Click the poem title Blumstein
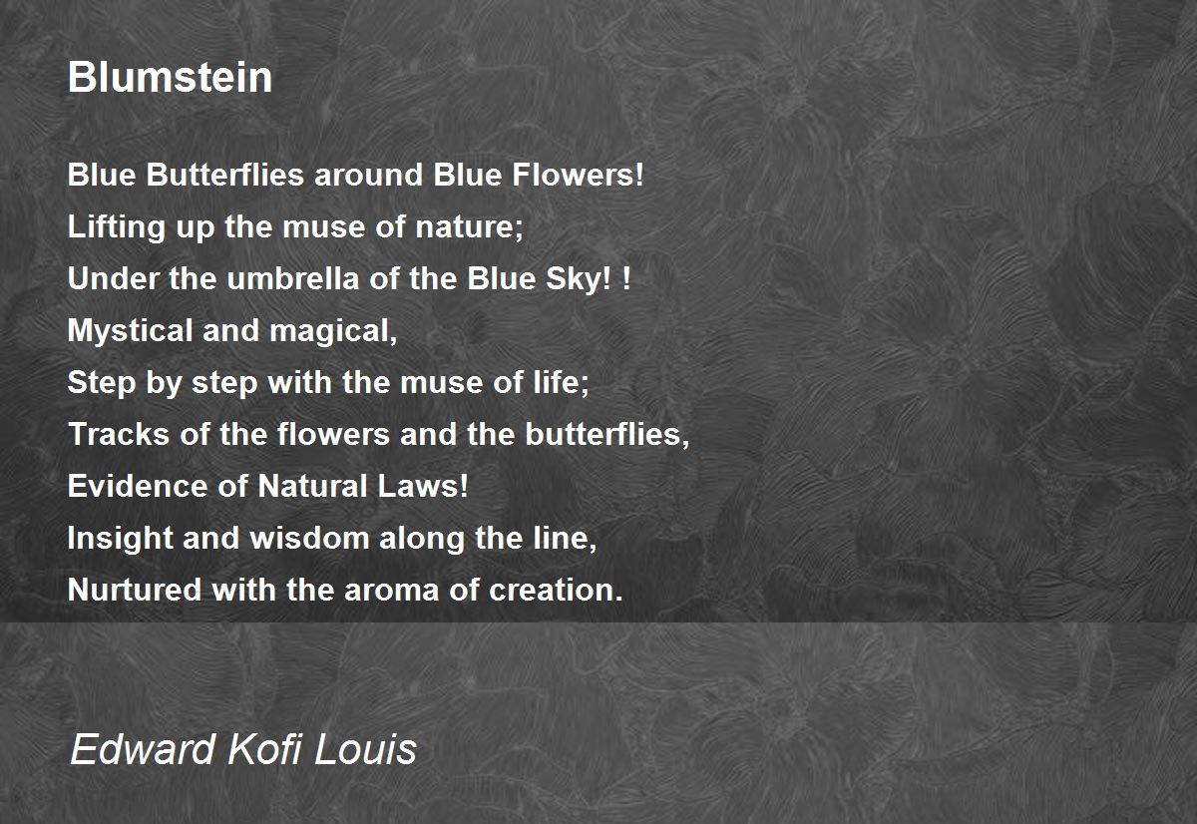tap(170, 77)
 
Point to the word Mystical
tap(130, 331)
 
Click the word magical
tap(333, 331)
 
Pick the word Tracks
tap(119, 434)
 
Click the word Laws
tap(422, 486)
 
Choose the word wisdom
tap(310, 538)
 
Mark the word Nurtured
tap(135, 590)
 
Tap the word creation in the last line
tap(556, 590)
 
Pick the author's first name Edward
tap(143, 748)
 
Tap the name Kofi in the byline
tap(265, 748)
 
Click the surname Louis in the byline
tap(365, 748)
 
